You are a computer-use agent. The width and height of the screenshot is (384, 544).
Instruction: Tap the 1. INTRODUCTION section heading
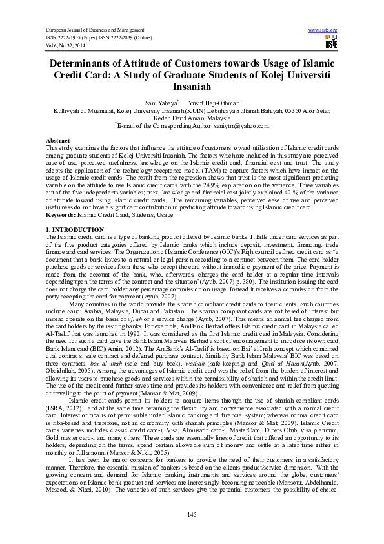coord(75,230)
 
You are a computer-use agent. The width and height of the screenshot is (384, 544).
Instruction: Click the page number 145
coord(192,514)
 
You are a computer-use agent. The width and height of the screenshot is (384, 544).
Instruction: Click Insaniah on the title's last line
coord(192,86)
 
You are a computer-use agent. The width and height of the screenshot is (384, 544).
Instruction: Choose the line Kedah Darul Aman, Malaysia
coord(192,118)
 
